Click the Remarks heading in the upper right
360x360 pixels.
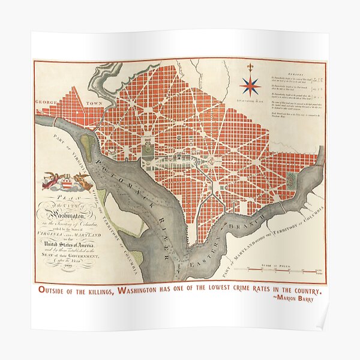coord(289,69)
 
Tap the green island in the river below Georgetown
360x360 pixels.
coord(88,145)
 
